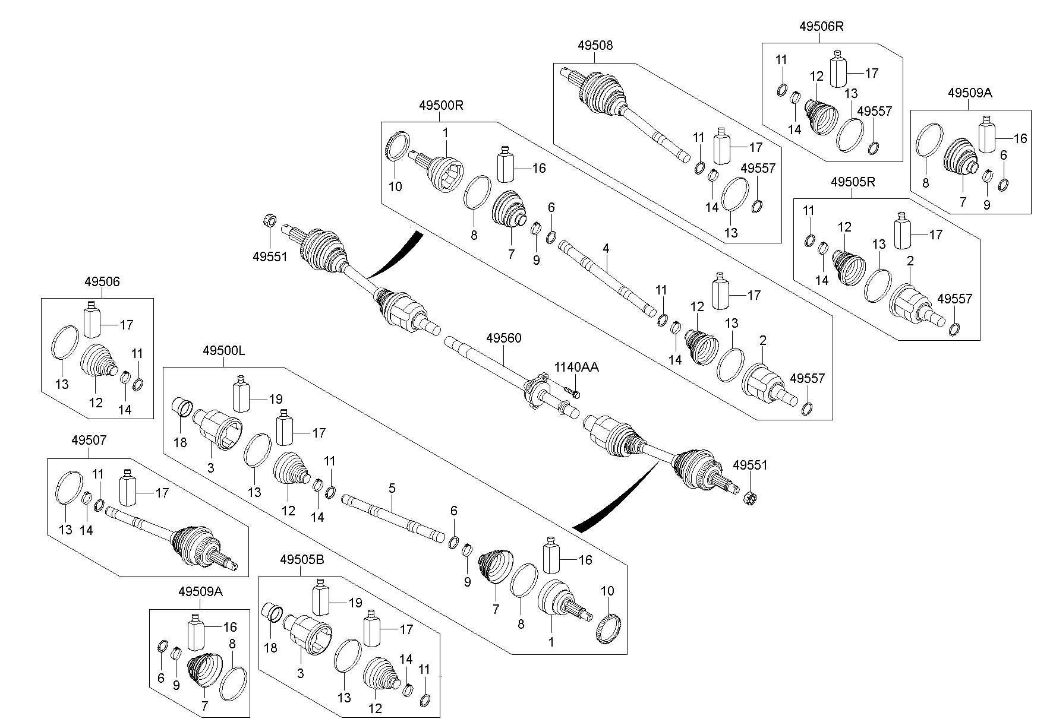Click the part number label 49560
coord(503,338)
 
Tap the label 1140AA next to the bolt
coord(576,368)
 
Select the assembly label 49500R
coord(440,106)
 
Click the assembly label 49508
coord(595,45)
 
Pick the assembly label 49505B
coord(302,559)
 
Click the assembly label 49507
coord(89,441)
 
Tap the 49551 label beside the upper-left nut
coord(270,256)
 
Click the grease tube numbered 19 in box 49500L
coord(241,394)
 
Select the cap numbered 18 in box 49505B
coord(272,613)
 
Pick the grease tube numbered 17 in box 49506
coord(92,320)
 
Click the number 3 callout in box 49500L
coord(210,468)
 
